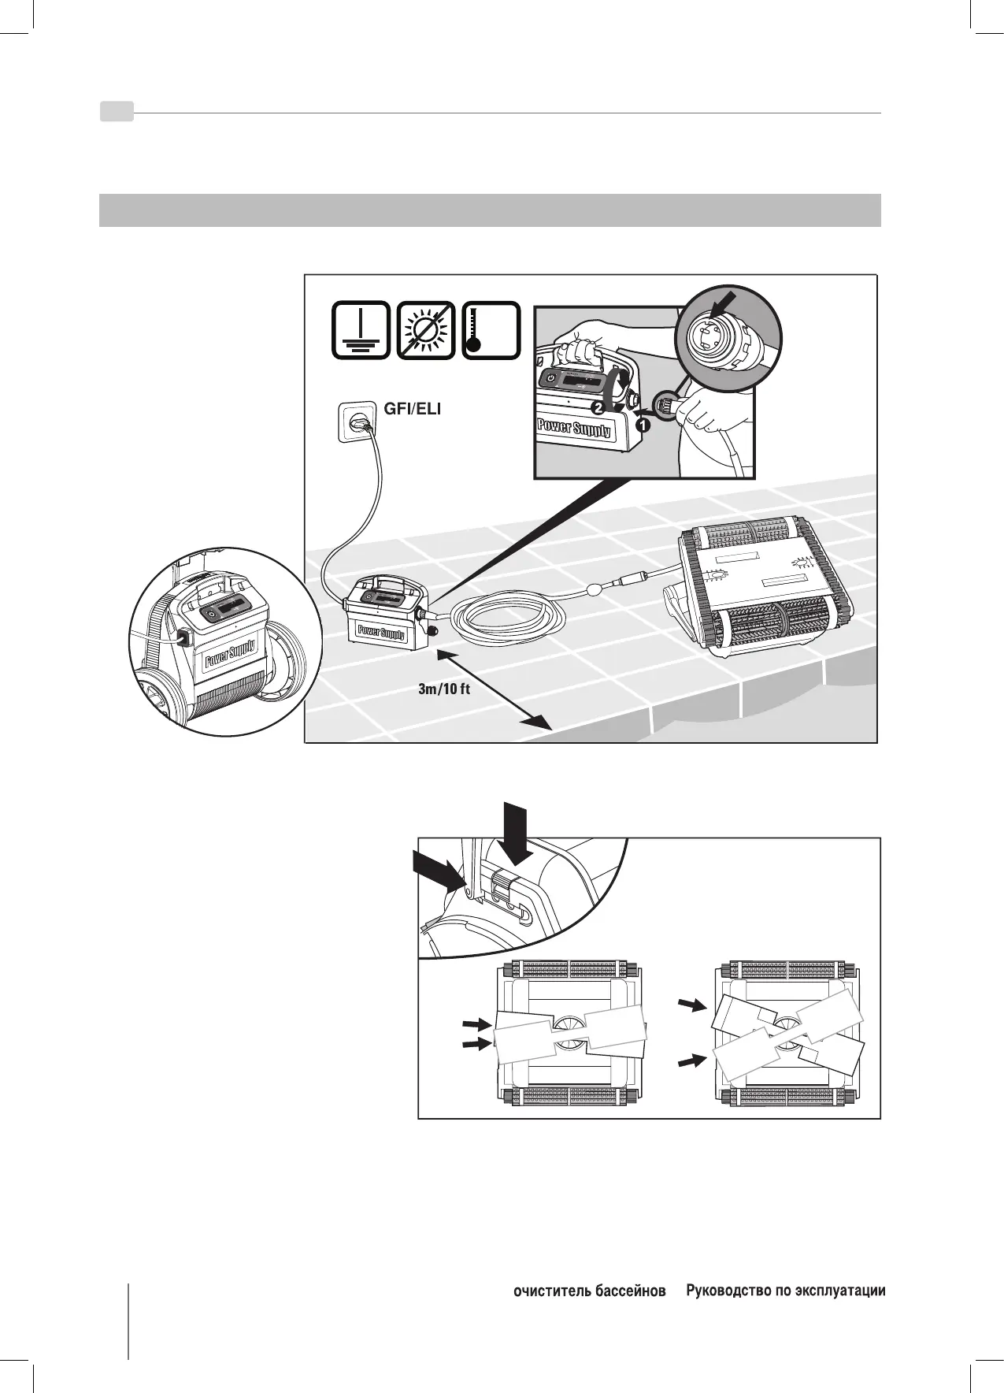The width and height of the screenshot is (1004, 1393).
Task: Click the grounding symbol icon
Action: pyautogui.click(x=361, y=331)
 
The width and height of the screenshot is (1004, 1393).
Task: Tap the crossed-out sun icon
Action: pyautogui.click(x=426, y=331)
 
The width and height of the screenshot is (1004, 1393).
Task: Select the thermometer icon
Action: pyautogui.click(x=491, y=331)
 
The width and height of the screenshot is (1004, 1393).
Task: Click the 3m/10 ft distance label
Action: pyautogui.click(x=444, y=689)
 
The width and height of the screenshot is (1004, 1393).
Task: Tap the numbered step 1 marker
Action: pyautogui.click(x=643, y=426)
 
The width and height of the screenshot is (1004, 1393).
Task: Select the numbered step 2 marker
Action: pyautogui.click(x=598, y=408)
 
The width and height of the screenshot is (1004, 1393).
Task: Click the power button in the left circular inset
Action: pyautogui.click(x=210, y=613)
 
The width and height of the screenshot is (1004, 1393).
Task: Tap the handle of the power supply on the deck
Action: pyautogui.click(x=387, y=585)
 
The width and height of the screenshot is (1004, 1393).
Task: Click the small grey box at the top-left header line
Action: pyautogui.click(x=117, y=113)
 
